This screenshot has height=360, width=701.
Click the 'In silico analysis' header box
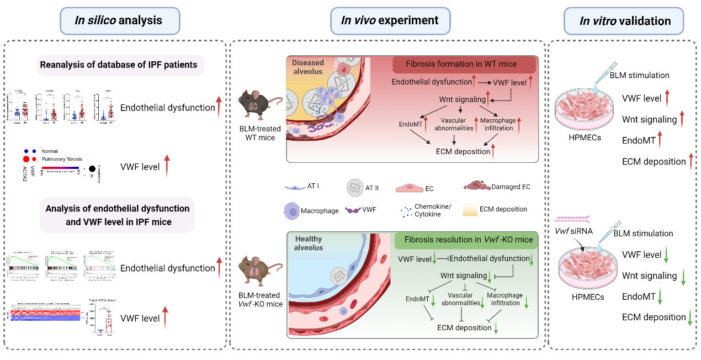point(118,21)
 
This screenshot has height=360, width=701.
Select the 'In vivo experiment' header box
point(389,21)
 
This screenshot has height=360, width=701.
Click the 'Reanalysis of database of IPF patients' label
point(118,65)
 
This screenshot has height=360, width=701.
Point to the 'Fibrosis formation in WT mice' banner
point(464,64)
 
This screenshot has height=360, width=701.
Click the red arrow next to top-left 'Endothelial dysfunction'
point(219,107)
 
